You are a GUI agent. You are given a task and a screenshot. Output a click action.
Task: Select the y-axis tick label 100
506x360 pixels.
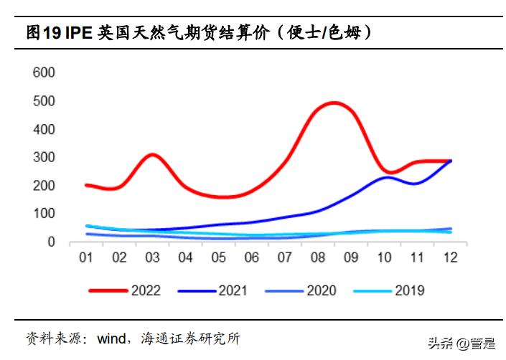tap(44, 214)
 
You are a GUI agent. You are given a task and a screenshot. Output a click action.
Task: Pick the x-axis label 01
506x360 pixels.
tap(85, 257)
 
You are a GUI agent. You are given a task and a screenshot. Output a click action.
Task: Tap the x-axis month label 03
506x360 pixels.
tap(152, 257)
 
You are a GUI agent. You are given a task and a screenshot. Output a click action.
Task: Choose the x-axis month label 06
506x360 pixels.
tap(253, 257)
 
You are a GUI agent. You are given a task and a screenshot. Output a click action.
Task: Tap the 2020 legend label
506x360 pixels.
tap(320, 290)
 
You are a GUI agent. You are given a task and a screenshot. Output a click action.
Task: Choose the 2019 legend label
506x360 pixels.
tap(409, 290)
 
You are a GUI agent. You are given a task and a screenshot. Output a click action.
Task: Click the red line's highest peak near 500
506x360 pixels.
tap(334, 103)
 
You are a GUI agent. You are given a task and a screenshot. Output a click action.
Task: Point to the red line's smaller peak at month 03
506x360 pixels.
tap(151, 154)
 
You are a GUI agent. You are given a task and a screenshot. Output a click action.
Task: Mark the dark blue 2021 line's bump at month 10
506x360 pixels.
tap(388, 176)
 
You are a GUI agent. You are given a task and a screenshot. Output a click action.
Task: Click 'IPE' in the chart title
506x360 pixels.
tap(81, 32)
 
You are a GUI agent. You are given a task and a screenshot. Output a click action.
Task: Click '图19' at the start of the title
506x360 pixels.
tap(44, 32)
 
